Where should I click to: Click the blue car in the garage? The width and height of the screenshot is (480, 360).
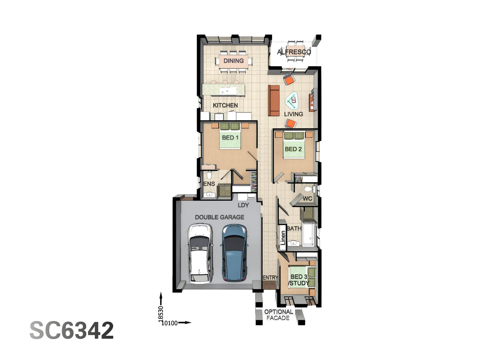(234, 252)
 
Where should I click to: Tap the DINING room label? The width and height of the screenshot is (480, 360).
(233, 61)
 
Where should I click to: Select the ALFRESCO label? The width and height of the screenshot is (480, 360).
(294, 52)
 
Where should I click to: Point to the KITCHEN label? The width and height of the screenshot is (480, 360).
(225, 105)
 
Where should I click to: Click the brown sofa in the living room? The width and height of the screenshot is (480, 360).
(274, 100)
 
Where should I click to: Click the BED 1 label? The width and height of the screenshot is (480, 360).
(230, 138)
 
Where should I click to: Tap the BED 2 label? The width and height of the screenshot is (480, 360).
(293, 149)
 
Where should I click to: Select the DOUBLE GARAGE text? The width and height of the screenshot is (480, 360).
(219, 217)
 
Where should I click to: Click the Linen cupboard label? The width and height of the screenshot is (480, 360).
(283, 238)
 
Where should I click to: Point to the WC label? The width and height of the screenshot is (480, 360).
(307, 199)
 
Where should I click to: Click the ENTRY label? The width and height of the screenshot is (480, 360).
(270, 278)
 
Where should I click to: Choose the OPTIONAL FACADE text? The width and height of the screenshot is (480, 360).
(278, 315)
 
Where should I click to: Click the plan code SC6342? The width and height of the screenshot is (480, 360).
(72, 330)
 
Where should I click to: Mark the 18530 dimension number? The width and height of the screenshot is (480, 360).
(161, 314)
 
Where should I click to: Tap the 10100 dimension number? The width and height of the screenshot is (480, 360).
(170, 323)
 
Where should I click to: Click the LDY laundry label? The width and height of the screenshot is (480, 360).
(243, 205)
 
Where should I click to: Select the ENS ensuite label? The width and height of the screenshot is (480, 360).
(209, 184)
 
